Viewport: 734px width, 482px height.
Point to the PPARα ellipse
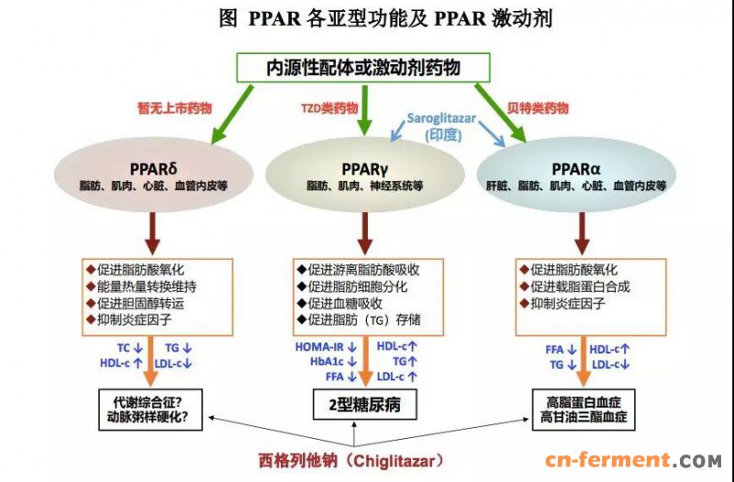577,175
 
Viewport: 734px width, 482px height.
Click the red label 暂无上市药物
174,108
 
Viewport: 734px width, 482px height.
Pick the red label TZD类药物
328,108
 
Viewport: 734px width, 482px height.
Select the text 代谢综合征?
149,401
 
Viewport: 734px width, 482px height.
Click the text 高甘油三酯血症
585,418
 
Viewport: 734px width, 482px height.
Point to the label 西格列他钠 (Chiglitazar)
367,458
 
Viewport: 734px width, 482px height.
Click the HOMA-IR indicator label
320,347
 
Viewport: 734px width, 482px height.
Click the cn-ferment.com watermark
633,460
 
